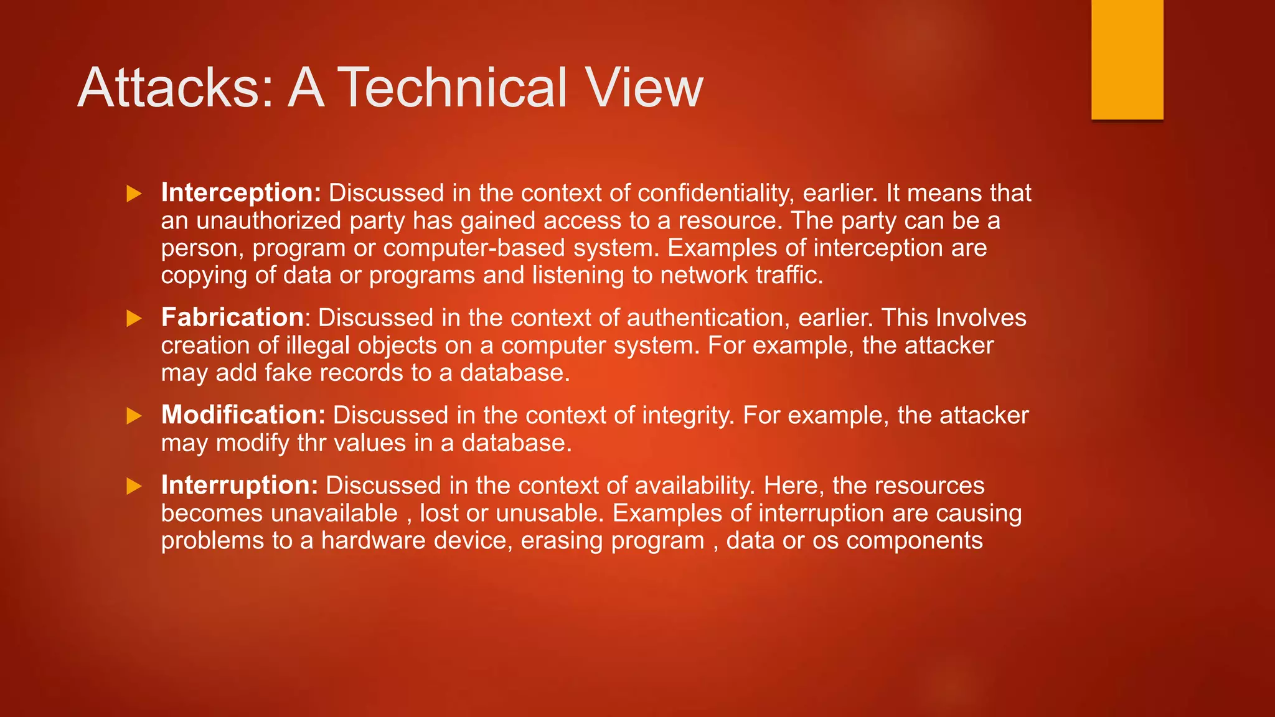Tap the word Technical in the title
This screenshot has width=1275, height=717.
coord(452,88)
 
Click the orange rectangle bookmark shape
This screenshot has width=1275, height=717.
coord(1127,59)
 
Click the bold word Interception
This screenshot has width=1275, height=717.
coord(241,193)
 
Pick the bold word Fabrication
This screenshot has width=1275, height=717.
coord(232,317)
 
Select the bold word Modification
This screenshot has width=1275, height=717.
coord(243,415)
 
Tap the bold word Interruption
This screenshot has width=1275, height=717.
coord(240,485)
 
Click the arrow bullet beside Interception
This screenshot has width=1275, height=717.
coord(134,194)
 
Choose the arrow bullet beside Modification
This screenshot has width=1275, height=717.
coord(134,416)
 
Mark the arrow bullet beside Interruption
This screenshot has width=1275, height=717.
coord(134,486)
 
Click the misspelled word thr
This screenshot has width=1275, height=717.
coord(312,443)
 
